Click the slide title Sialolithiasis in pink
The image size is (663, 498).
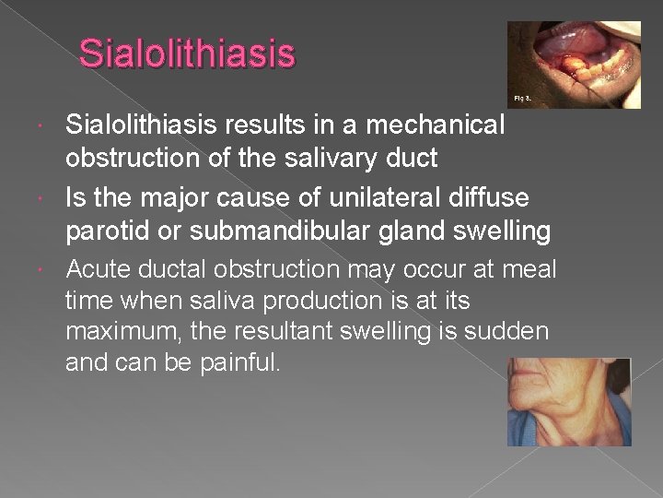[x=187, y=53]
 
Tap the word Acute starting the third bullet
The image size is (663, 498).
[x=97, y=269]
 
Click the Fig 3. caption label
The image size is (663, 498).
[x=522, y=97]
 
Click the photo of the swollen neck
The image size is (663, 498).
[x=568, y=402]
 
